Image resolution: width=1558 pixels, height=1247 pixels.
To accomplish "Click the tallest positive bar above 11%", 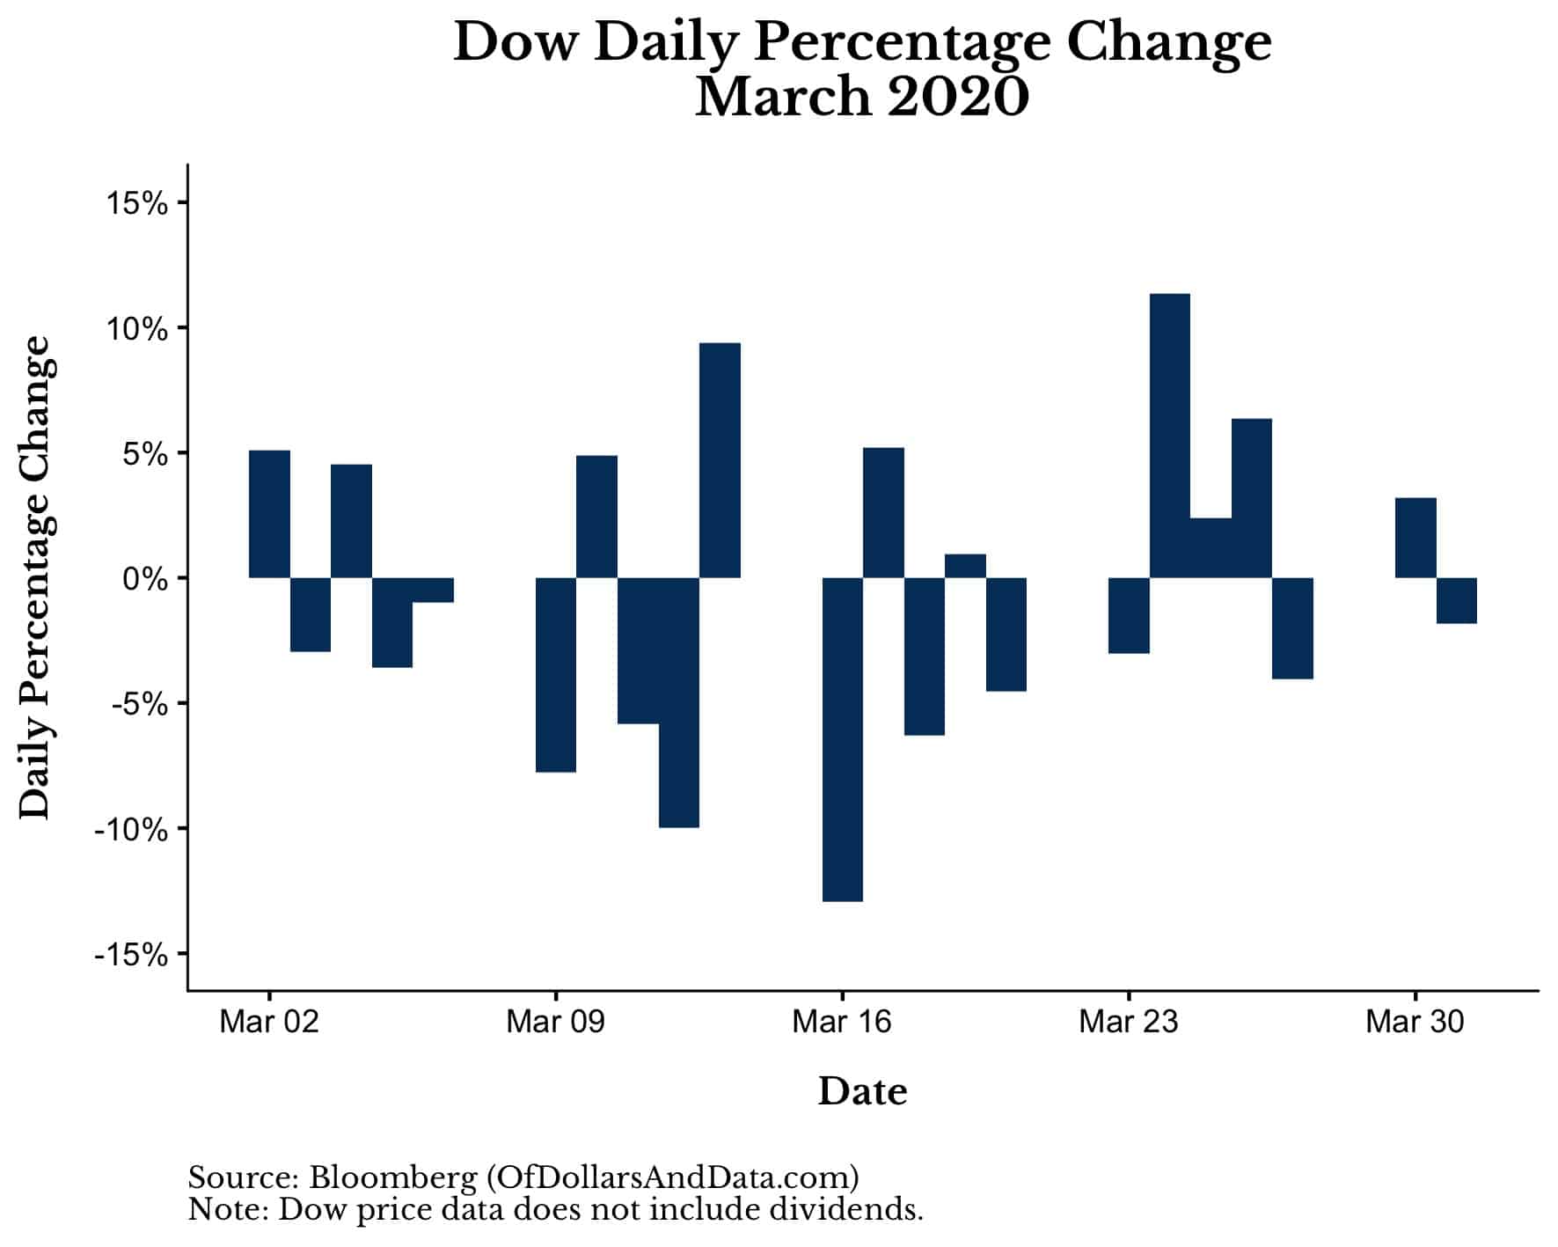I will (1169, 436).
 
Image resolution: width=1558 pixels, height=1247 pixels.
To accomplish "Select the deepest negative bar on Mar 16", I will (842, 739).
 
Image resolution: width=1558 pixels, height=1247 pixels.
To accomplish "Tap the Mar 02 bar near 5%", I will (269, 514).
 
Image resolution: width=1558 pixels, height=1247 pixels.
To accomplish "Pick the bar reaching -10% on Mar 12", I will (678, 702).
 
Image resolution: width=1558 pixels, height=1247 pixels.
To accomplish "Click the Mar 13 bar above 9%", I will (720, 460).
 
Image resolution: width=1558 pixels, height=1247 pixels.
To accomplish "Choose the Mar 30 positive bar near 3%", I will (1415, 538).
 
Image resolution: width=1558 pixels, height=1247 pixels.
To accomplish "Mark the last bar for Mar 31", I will (1456, 600).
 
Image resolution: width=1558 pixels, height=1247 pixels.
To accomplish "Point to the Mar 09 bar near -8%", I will (556, 674).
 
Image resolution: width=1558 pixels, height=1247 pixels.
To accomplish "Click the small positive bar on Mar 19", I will (965, 566).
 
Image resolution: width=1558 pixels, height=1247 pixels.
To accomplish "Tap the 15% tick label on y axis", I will (136, 203).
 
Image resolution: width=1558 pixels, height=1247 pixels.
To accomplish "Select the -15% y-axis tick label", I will (131, 954).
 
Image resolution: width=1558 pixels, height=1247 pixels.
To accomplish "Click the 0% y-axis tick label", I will (144, 579).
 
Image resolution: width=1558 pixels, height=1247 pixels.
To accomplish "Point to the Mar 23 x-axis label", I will (1128, 1022).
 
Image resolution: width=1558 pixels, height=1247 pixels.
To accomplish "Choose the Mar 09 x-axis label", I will (556, 1022).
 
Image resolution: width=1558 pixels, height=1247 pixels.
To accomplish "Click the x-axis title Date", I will (862, 1091).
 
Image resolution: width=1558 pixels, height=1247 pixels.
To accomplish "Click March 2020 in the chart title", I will (861, 97).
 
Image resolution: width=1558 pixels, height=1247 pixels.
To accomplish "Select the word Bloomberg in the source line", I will (392, 1177).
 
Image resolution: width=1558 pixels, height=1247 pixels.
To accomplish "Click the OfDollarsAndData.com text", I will (672, 1177).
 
